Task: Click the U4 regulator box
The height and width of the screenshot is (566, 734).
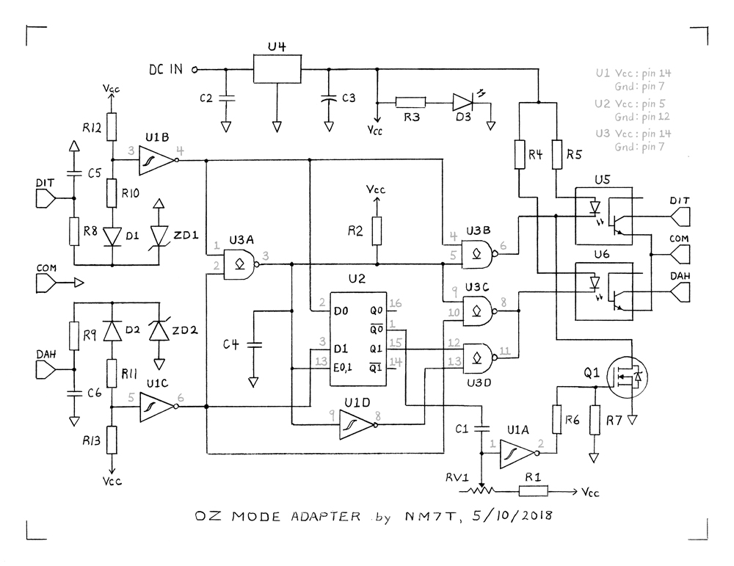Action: tap(277, 70)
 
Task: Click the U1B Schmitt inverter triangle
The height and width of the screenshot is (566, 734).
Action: tap(158, 159)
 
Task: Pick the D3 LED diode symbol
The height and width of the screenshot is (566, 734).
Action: tap(463, 103)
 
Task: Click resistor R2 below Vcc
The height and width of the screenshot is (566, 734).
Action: tap(377, 231)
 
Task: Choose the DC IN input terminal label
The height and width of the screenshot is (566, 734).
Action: tap(165, 70)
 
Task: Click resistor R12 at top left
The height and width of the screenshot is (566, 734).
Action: tap(112, 126)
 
